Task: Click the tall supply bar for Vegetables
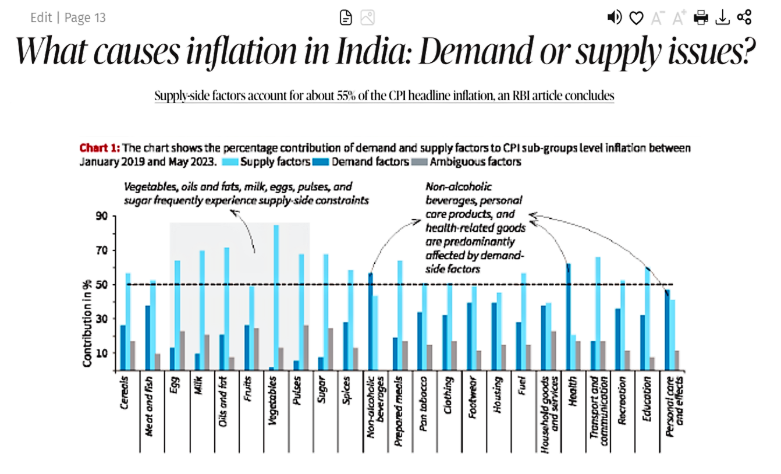point(276,297)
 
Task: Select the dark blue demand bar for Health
point(568,317)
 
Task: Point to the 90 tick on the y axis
point(103,216)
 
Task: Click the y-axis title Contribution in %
point(87,323)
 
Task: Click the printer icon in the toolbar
point(701,17)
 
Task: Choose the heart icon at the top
point(636,18)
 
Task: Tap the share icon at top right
point(744,17)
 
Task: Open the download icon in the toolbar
point(722,17)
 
